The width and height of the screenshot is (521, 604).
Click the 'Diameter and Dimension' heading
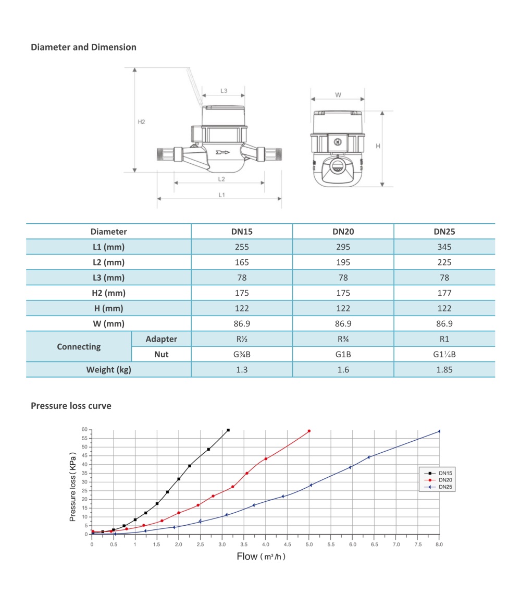[83, 47]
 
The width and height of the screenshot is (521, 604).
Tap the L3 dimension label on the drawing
[224, 91]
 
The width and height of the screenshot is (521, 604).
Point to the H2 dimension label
[141, 122]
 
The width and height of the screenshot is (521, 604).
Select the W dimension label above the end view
[338, 95]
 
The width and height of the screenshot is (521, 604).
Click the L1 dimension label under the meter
[221, 195]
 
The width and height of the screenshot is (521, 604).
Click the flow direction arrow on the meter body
[222, 153]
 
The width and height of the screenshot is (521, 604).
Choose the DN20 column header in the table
[343, 232]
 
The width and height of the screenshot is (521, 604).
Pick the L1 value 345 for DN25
[444, 247]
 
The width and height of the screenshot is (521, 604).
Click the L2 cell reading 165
[242, 262]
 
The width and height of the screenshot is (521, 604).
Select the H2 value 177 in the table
[444, 293]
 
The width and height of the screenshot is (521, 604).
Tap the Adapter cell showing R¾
[343, 339]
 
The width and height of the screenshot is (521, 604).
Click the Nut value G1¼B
[444, 355]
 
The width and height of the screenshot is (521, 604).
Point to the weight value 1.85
[444, 370]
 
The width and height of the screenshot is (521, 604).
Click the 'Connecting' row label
[79, 347]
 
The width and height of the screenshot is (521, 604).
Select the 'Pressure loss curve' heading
[71, 406]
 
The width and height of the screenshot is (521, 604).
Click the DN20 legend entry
[444, 480]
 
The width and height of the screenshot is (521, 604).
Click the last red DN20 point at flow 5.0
[309, 431]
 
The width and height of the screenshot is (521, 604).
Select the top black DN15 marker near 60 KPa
[228, 430]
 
